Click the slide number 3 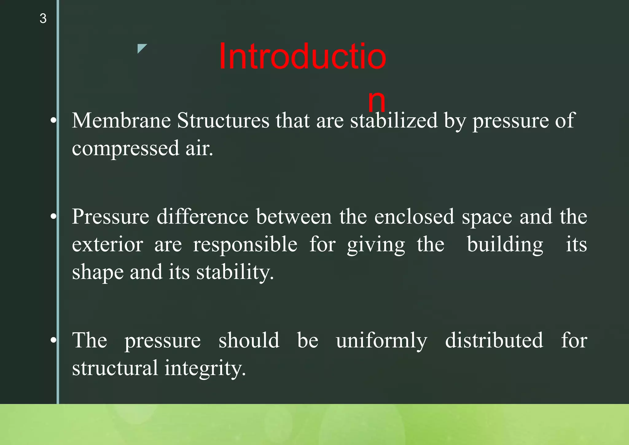43,18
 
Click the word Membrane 121,120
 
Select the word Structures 223,120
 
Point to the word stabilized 394,120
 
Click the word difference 202,217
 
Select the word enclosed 414,217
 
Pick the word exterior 107,245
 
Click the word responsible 245,245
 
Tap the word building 505,245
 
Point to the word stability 235,272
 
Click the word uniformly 381,341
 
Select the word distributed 494,341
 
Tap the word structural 115,368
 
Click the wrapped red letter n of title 377,101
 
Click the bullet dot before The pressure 53,340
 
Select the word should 249,341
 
